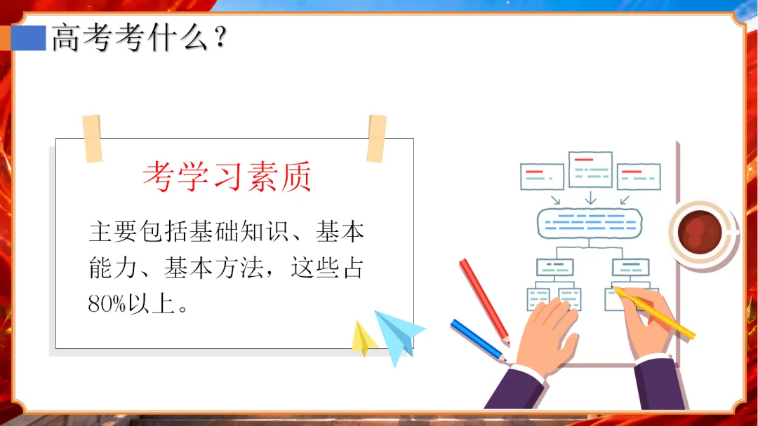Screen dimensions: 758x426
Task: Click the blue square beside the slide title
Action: click(x=29, y=38)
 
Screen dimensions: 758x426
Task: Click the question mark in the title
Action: click(x=220, y=37)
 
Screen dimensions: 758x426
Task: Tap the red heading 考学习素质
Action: click(x=227, y=177)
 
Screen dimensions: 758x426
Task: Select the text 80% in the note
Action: click(x=107, y=304)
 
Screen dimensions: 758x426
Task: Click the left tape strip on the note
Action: click(x=93, y=139)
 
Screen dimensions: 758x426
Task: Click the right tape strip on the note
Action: click(x=377, y=139)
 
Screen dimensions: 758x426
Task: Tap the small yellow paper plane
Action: click(x=364, y=338)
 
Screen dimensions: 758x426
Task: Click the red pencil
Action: click(x=484, y=302)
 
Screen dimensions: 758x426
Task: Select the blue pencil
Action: click(x=479, y=341)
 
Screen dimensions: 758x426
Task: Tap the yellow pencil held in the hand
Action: click(x=654, y=312)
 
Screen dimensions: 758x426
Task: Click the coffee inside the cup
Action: click(x=700, y=232)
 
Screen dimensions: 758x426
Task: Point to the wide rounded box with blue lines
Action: click(x=590, y=223)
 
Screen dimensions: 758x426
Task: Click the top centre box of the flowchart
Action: click(x=590, y=169)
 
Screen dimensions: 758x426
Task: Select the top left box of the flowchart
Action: click(x=542, y=177)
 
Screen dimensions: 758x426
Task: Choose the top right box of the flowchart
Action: click(x=639, y=177)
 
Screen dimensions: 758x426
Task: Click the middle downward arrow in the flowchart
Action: click(x=590, y=198)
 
